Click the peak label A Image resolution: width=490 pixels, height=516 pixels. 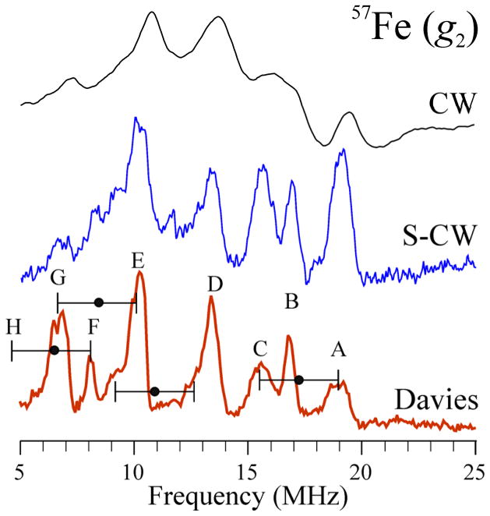338,351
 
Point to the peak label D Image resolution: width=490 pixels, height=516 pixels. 215,285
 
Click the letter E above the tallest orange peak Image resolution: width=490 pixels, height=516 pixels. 138,260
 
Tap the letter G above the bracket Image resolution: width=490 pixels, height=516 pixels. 58,277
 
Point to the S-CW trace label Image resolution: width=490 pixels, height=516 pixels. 443,236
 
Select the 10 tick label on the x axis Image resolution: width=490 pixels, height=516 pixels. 133,471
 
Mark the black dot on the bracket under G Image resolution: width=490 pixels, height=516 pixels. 98,302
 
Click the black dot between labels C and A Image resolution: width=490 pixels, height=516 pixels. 298,380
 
